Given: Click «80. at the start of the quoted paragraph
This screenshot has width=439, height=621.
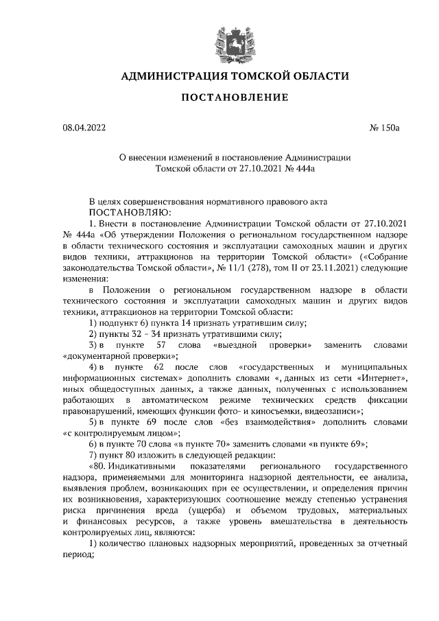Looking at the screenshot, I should (100, 464).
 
